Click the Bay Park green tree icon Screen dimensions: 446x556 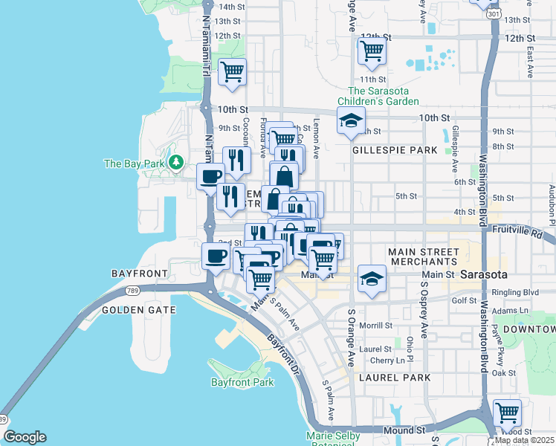click(176, 161)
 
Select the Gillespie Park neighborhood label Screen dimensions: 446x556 click(395, 150)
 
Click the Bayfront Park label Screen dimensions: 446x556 click(242, 383)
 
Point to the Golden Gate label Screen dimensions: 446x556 click(139, 310)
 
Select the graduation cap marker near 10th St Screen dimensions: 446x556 click(350, 120)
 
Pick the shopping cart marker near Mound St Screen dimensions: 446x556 click(506, 411)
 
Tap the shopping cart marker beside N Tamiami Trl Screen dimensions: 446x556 click(232, 72)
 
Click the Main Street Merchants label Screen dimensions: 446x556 click(422, 257)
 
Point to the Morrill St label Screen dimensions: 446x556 click(375, 326)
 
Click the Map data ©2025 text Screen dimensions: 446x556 click(524, 440)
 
